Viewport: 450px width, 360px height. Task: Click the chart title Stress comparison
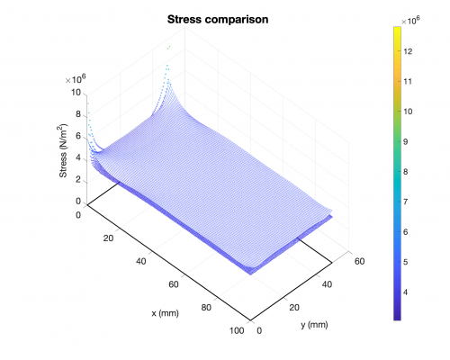click(x=218, y=20)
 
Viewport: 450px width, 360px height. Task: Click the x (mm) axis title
click(x=165, y=313)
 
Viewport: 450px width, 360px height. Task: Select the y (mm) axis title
click(x=314, y=325)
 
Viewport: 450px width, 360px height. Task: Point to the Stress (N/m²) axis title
click(x=63, y=150)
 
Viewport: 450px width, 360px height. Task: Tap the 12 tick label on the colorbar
click(x=408, y=51)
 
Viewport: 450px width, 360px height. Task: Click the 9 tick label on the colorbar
click(x=406, y=141)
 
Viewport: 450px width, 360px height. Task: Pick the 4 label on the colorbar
click(x=406, y=292)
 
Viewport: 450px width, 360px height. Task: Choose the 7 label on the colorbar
click(x=406, y=202)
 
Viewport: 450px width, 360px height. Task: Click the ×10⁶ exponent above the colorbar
click(x=410, y=21)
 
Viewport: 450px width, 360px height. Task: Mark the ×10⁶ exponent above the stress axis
click(x=76, y=79)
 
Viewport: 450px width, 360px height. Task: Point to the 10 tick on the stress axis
click(x=76, y=93)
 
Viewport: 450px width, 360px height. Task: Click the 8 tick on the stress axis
click(x=78, y=114)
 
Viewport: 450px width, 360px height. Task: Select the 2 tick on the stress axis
click(x=78, y=180)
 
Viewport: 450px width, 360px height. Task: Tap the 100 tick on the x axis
click(x=237, y=330)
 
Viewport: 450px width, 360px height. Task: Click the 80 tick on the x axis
click(x=206, y=308)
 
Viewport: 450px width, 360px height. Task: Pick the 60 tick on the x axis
click(x=174, y=284)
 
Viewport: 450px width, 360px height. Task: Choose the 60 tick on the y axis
click(x=359, y=261)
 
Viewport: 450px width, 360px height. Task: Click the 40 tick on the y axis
click(x=327, y=284)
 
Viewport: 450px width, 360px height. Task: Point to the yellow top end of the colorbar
click(x=397, y=29)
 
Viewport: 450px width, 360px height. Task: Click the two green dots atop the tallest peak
click(x=169, y=47)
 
